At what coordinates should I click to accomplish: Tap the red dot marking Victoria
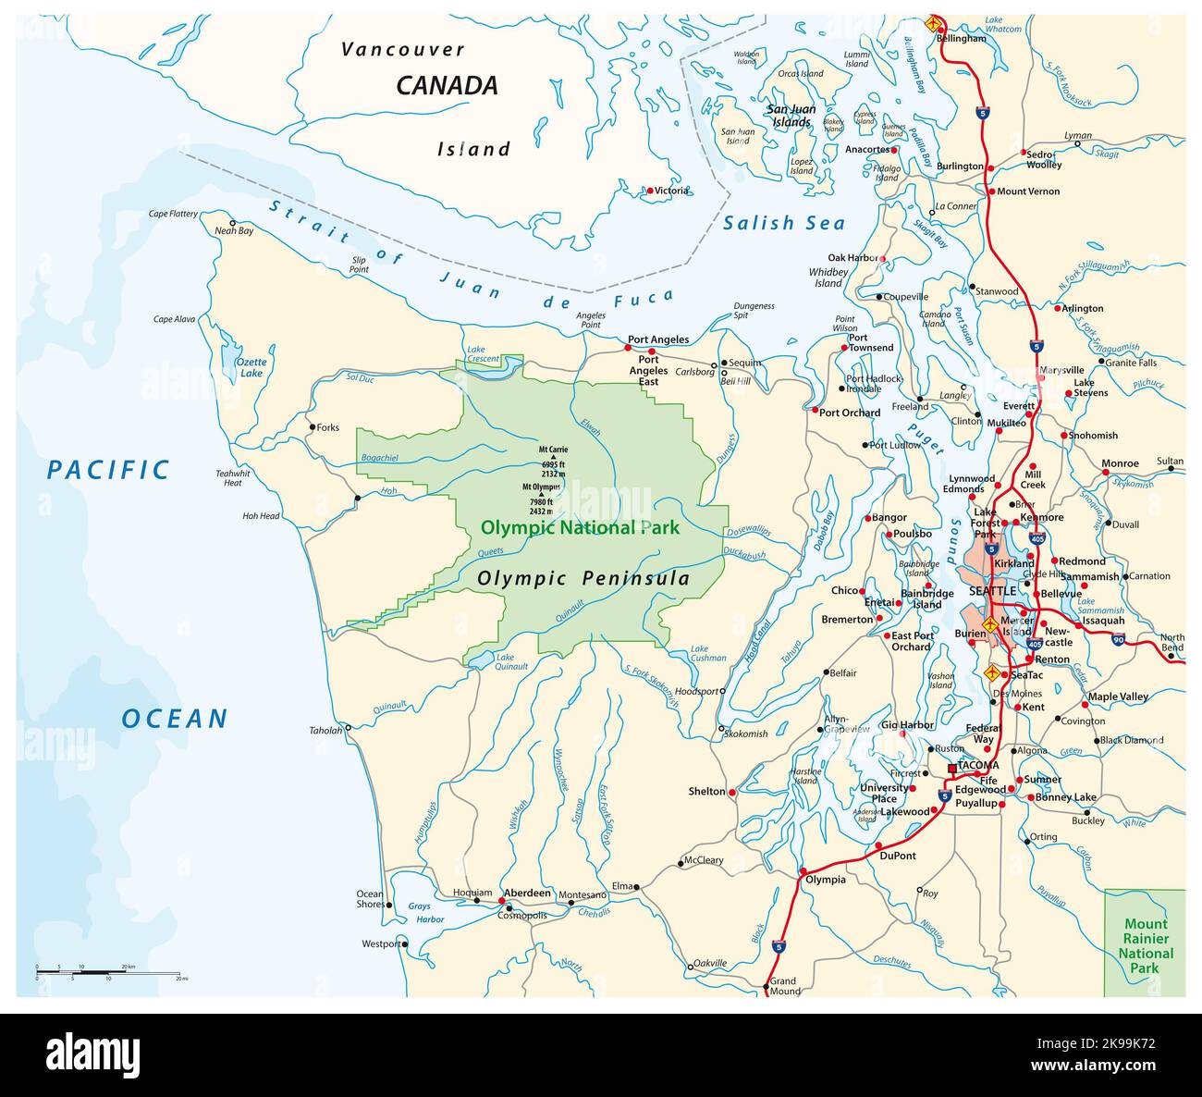click(x=650, y=191)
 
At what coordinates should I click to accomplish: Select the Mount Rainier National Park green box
click(x=1145, y=943)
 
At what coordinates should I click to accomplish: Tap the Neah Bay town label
click(x=233, y=231)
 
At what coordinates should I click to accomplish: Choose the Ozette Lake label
click(x=251, y=367)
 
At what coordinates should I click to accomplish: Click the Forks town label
click(x=327, y=428)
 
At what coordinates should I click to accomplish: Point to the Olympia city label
click(x=826, y=880)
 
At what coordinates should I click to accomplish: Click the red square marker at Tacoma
click(x=951, y=767)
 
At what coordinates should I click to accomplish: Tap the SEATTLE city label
click(x=992, y=591)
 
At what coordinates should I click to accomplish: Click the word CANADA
click(x=447, y=86)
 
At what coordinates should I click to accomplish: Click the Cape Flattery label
click(x=173, y=214)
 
